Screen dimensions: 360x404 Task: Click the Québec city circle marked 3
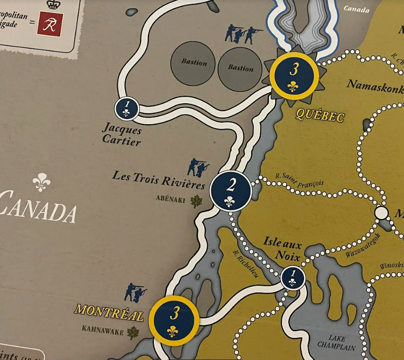click(293, 75)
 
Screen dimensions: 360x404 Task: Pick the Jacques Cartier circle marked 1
click(127, 108)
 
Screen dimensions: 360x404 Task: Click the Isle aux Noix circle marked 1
click(292, 278)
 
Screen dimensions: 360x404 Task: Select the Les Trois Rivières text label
click(159, 180)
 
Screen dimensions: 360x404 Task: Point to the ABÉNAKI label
click(170, 200)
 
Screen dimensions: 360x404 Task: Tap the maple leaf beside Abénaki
click(197, 201)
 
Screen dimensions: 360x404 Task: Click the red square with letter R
click(50, 25)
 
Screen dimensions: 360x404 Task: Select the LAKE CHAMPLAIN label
click(337, 343)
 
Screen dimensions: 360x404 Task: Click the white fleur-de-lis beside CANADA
click(41, 182)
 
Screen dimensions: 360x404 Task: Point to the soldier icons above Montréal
click(135, 292)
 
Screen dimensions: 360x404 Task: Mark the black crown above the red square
click(54, 4)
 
